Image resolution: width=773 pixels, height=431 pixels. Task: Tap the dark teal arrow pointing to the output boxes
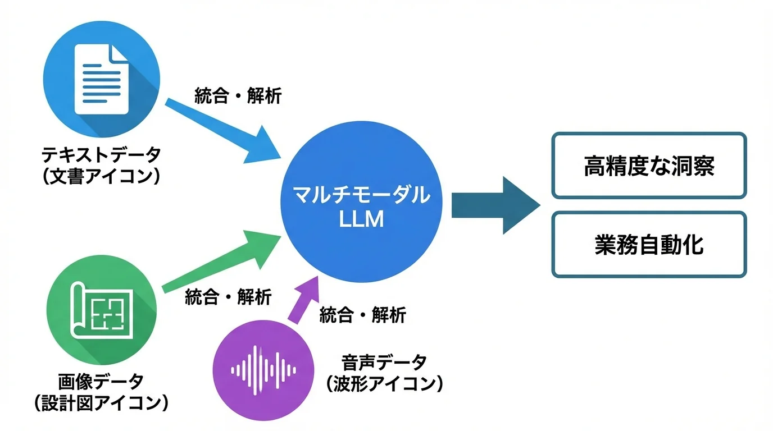pos(494,205)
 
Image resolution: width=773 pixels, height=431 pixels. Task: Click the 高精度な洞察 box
pos(649,166)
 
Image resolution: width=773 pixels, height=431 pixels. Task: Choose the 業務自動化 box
pos(649,245)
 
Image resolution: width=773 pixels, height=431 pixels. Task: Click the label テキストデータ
pos(101,153)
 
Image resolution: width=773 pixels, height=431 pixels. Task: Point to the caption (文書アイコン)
pos(101,176)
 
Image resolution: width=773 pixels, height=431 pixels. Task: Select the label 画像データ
pos(101,381)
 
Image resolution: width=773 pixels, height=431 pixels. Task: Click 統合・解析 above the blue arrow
pos(238,96)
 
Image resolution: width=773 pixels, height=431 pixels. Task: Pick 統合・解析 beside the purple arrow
pos(362,315)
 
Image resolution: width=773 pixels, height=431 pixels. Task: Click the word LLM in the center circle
pos(361,219)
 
